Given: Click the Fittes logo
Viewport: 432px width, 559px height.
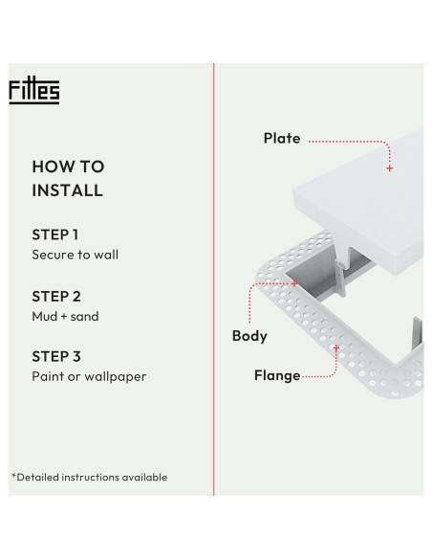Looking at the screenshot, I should [x=34, y=91].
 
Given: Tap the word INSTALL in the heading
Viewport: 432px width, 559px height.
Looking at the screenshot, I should [x=67, y=190].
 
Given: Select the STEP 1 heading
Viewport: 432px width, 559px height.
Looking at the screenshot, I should [x=55, y=235].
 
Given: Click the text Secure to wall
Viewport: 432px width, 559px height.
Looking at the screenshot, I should [x=76, y=255].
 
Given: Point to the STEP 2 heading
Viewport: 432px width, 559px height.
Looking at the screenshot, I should [x=56, y=296].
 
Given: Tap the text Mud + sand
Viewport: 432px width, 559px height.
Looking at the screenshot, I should [x=65, y=316].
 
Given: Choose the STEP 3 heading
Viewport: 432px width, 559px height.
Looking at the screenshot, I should [x=56, y=356].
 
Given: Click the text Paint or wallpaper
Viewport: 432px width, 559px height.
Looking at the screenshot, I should [x=89, y=376].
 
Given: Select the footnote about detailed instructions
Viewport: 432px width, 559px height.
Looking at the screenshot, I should [x=89, y=477].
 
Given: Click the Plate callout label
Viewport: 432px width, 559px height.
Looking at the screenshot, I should [x=282, y=139].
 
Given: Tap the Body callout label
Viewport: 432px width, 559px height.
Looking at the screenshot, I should [x=249, y=336].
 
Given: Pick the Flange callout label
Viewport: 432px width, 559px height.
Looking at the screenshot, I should [x=277, y=375].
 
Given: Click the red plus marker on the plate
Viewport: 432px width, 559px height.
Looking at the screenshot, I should [x=389, y=168].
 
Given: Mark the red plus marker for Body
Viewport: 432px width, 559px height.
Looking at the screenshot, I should [x=294, y=284].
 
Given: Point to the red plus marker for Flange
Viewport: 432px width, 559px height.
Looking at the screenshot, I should [x=335, y=348].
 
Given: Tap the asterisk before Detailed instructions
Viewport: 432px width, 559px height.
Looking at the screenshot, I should [x=13, y=476].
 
